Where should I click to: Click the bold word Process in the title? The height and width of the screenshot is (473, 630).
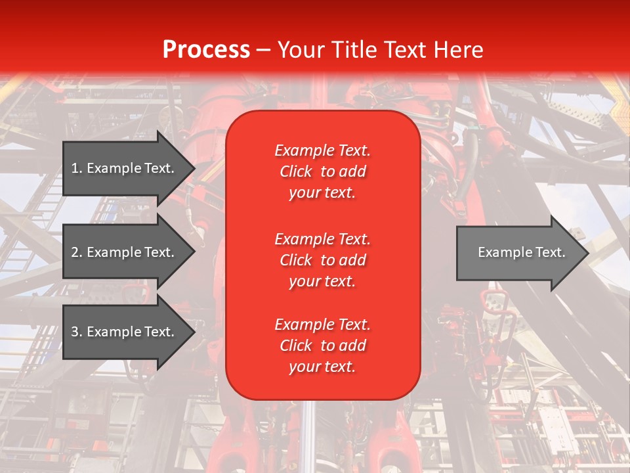pos(206,49)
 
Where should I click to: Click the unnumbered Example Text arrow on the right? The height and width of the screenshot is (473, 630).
pos(518,252)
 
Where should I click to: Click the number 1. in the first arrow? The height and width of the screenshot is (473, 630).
pos(77,168)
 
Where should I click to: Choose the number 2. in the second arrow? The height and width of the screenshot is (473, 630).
pos(77,252)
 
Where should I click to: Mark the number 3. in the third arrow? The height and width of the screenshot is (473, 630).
pos(77,332)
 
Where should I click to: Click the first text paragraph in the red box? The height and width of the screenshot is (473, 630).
pos(322,171)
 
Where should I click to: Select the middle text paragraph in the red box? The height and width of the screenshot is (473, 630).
pos(322,260)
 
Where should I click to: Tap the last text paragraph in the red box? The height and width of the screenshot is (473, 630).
pos(322,346)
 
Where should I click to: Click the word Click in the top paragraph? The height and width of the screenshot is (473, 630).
pos(295,171)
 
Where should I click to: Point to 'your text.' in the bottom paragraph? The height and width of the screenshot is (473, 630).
pos(322,367)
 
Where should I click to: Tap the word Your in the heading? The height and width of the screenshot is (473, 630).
pos(300,49)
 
